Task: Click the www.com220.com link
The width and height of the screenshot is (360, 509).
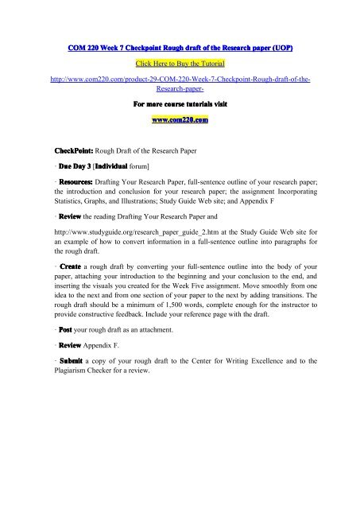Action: pyautogui.click(x=179, y=121)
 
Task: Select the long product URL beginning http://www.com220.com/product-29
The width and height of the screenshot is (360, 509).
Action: pyautogui.click(x=179, y=83)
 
